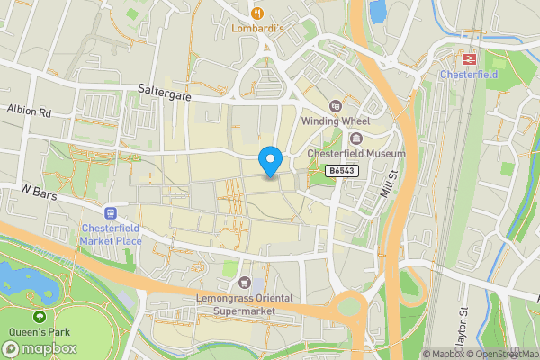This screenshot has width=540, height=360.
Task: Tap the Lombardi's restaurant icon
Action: tap(258, 13)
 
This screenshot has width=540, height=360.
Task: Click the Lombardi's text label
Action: tap(258, 28)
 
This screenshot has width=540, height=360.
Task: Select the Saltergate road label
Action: tap(165, 92)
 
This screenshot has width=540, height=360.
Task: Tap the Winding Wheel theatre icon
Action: tap(335, 106)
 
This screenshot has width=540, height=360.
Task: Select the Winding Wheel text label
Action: tap(335, 121)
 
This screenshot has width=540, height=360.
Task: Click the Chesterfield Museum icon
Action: tap(356, 139)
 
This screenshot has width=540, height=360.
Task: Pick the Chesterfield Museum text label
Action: tap(356, 154)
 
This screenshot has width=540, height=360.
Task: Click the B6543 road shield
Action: tap(341, 170)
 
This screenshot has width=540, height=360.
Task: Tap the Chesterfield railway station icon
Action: tap(468, 58)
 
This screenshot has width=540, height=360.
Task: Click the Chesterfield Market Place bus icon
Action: tap(111, 213)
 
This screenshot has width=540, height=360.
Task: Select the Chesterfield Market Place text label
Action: tap(111, 234)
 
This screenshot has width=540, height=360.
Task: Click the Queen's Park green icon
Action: tap(39, 317)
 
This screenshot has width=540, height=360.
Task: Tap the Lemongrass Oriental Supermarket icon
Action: tap(247, 283)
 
